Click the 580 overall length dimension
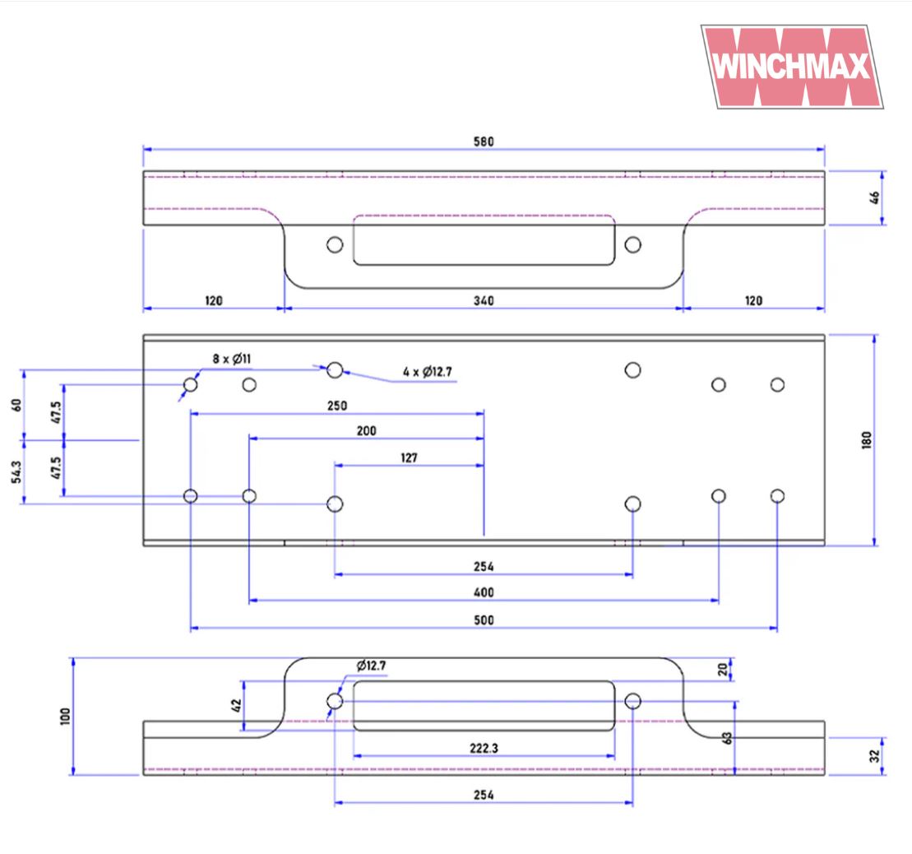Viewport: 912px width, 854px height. (484, 142)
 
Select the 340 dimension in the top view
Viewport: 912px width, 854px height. (484, 301)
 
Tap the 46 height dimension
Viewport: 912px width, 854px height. (875, 197)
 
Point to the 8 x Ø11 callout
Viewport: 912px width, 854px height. (231, 359)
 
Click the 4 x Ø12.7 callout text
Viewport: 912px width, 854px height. (428, 373)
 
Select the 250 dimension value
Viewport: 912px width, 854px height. (337, 406)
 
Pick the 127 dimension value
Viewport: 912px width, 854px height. (409, 457)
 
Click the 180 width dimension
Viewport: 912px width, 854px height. (866, 440)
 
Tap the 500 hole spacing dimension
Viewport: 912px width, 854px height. (484, 620)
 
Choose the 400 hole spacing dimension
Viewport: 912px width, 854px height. (484, 592)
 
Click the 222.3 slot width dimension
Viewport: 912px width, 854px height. (484, 748)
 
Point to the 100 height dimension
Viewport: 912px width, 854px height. (66, 716)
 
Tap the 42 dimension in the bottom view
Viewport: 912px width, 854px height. (236, 705)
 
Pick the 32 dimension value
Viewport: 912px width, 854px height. (875, 755)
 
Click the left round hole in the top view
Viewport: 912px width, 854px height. (335, 244)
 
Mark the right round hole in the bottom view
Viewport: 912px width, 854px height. (632, 701)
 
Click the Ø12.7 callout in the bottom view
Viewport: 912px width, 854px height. (371, 665)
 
